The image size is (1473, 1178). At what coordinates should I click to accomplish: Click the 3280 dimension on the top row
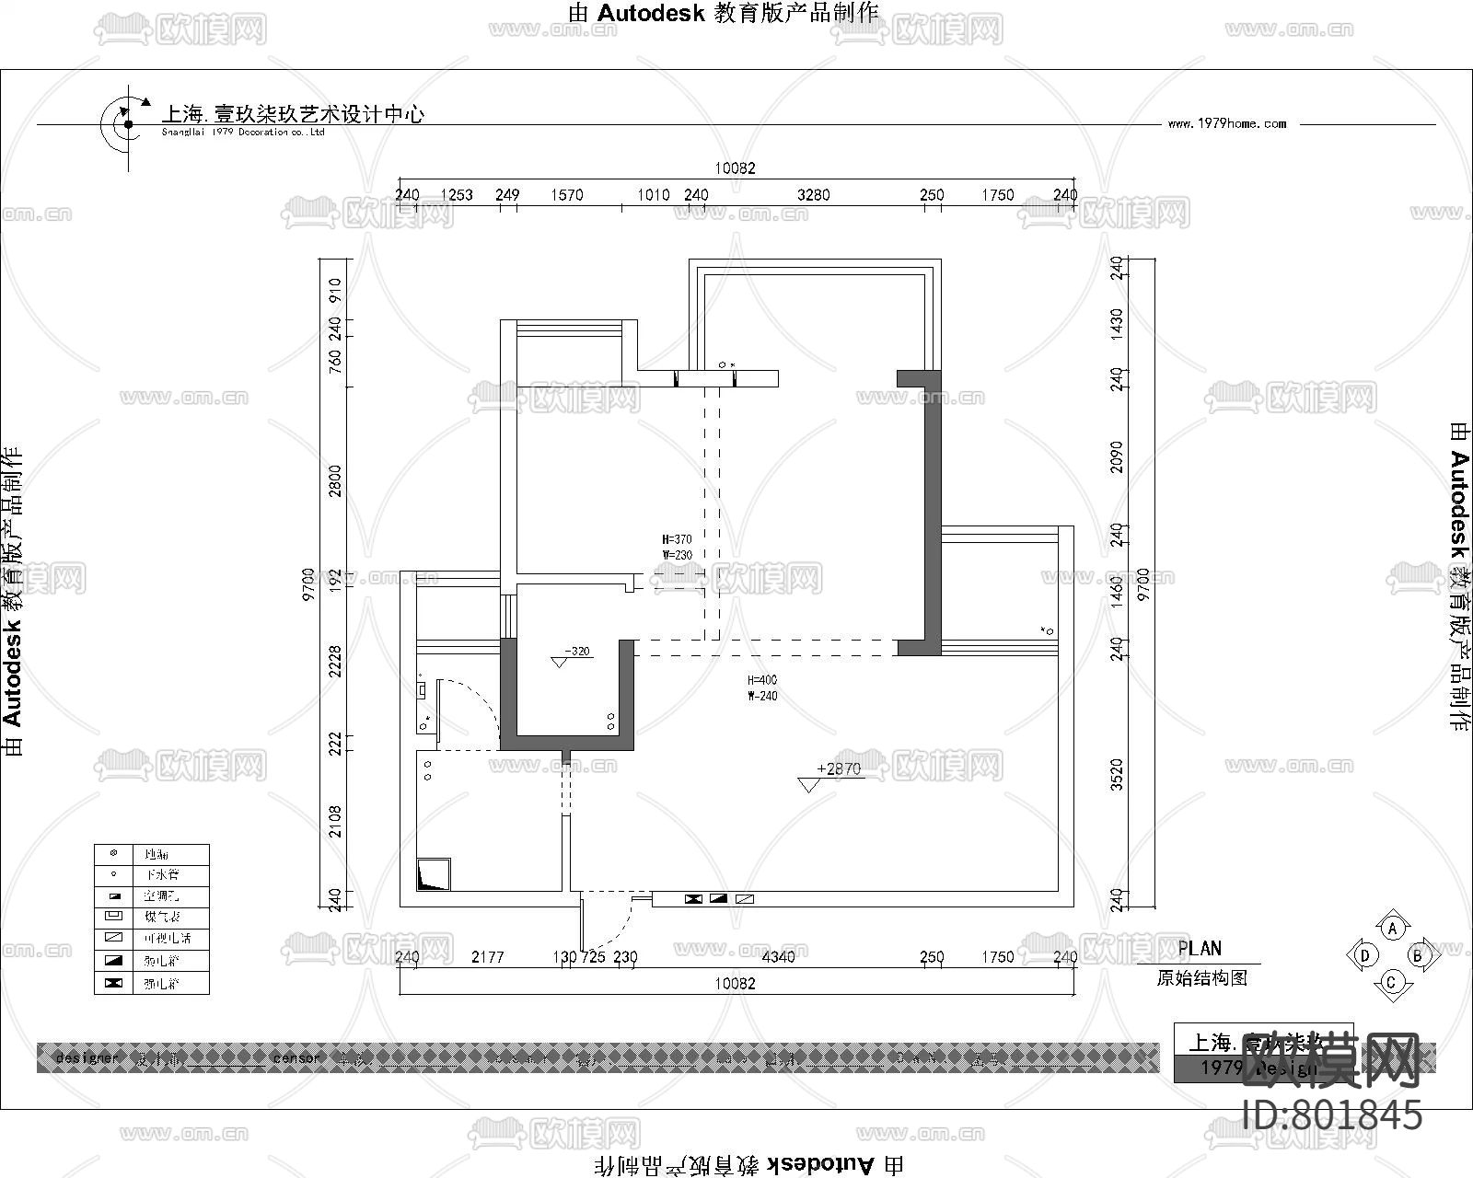(813, 195)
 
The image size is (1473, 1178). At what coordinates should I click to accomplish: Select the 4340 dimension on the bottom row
(778, 957)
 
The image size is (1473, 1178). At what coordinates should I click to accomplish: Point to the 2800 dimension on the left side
(335, 480)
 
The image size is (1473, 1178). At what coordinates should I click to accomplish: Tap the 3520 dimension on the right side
(1117, 774)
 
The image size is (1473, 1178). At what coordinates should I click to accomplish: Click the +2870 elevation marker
(838, 769)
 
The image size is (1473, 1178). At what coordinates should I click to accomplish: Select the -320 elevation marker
(576, 652)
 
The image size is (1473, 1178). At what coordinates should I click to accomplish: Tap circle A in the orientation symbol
(1393, 929)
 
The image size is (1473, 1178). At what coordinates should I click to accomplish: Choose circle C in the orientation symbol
(1391, 982)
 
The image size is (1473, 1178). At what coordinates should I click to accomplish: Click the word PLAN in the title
(1200, 949)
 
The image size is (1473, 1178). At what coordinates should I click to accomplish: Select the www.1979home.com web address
(1226, 123)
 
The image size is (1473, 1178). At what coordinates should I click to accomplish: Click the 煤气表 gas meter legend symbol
(114, 917)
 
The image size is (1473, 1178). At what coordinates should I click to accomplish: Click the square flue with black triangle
(434, 874)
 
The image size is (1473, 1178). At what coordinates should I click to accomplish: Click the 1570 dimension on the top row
(567, 195)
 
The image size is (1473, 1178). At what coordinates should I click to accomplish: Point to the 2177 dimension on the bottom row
(488, 957)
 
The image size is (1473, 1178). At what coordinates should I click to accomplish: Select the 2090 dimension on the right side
(1117, 457)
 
